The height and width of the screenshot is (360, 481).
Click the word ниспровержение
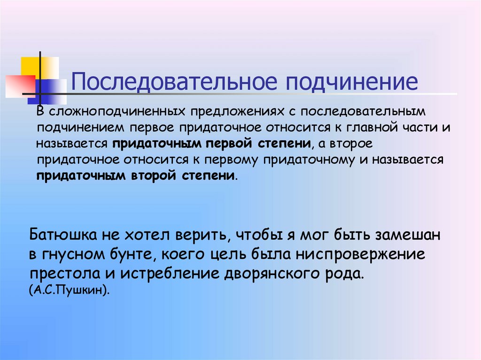[x=359, y=255]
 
